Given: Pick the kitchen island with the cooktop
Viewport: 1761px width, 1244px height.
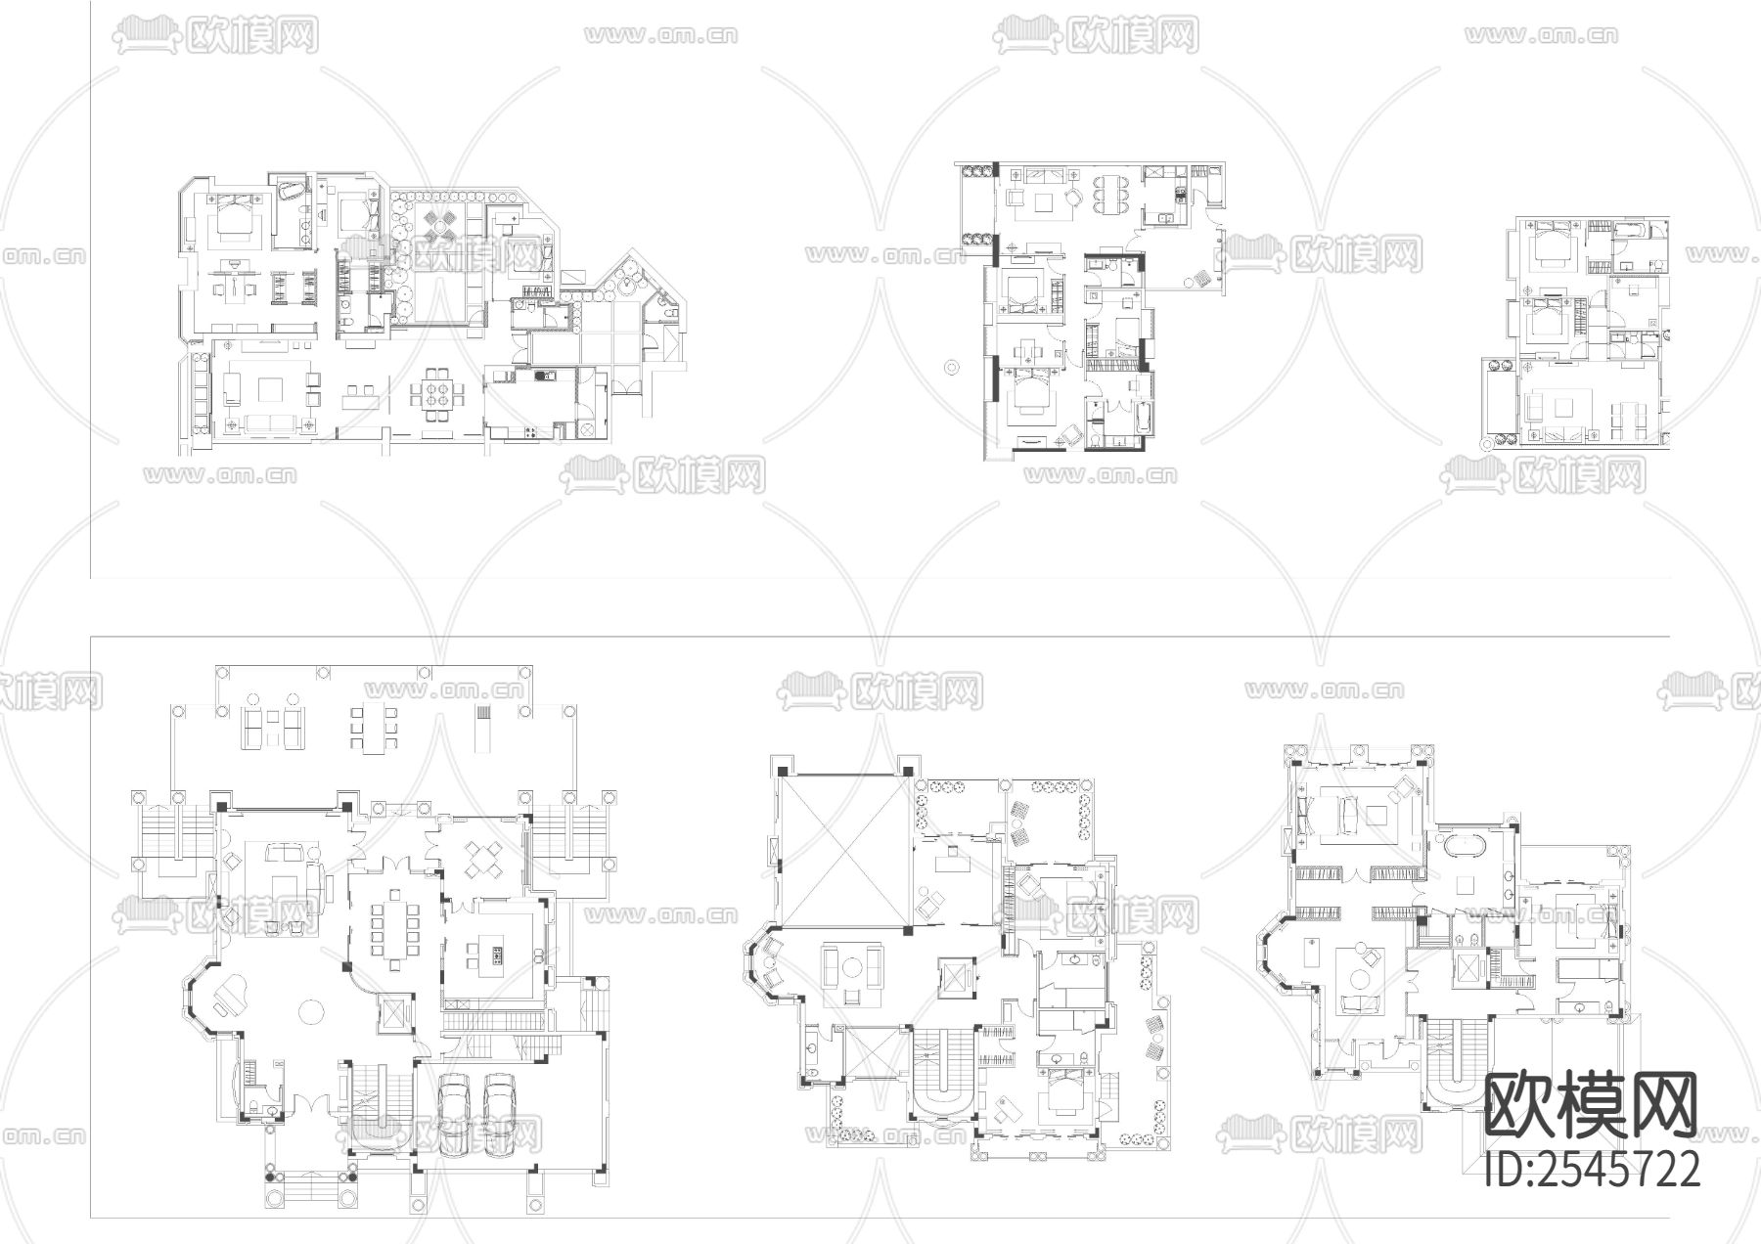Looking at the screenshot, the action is point(486,953).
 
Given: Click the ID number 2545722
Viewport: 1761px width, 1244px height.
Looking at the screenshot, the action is point(1593,1168).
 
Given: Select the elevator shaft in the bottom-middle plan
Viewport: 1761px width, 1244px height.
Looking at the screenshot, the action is point(952,976).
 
